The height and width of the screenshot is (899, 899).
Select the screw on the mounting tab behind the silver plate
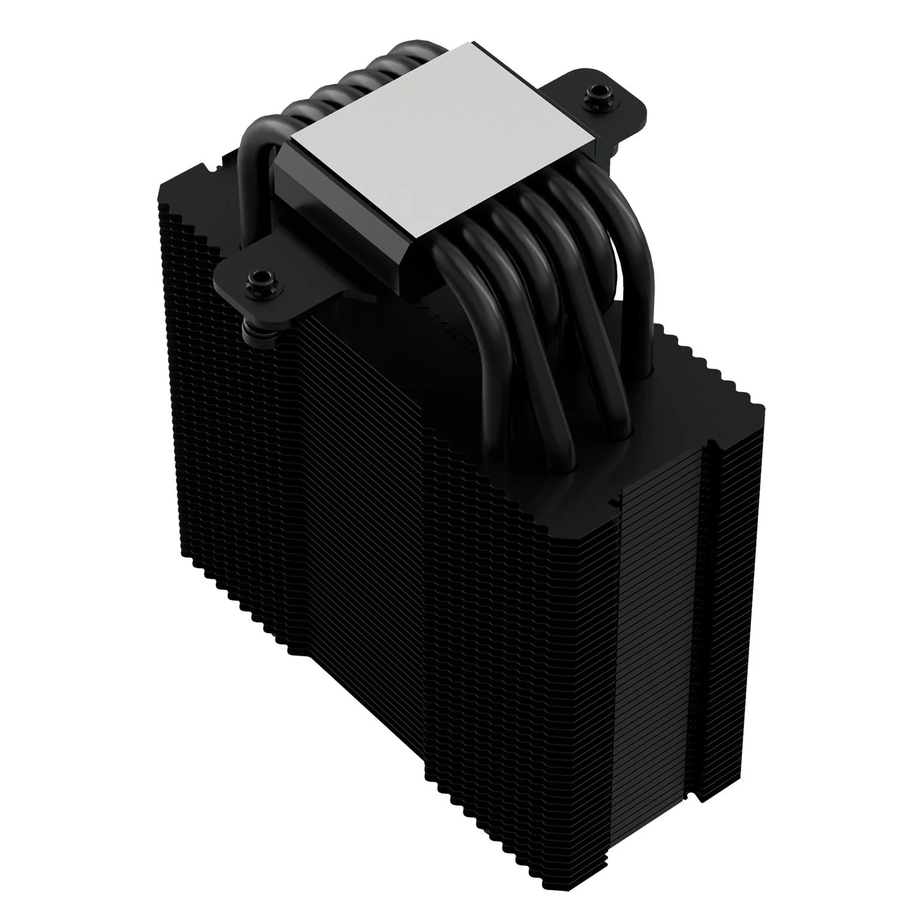[x=596, y=93]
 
